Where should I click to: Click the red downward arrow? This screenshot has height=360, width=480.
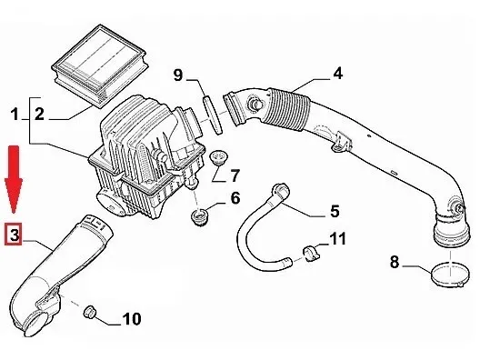(13, 179)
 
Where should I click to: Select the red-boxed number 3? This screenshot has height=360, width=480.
(13, 235)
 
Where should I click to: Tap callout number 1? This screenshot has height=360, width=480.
(14, 115)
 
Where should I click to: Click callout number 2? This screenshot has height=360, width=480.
(39, 115)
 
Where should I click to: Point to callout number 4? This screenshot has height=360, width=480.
(337, 73)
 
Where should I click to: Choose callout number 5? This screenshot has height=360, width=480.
(335, 211)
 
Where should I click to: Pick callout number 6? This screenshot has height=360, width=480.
(235, 198)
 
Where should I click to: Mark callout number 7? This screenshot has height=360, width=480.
(235, 175)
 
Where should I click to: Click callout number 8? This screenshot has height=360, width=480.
(395, 262)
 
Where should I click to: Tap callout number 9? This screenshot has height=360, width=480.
(178, 75)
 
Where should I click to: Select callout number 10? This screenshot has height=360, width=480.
(132, 319)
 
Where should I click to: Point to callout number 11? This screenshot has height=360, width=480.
(337, 238)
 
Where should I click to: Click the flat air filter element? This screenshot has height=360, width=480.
(100, 65)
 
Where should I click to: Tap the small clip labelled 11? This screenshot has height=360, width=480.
(311, 253)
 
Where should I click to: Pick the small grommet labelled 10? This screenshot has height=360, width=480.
(90, 312)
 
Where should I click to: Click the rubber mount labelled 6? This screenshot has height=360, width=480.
(198, 216)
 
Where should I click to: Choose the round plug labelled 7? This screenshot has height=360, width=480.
(218, 156)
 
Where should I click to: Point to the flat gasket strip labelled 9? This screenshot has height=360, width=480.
(212, 115)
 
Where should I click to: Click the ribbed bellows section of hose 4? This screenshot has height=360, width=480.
(288, 110)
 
